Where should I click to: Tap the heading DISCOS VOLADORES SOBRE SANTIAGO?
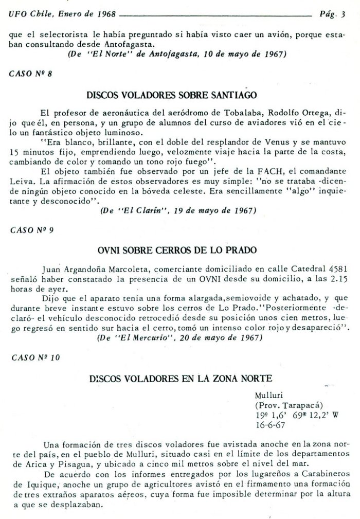click(179, 96)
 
